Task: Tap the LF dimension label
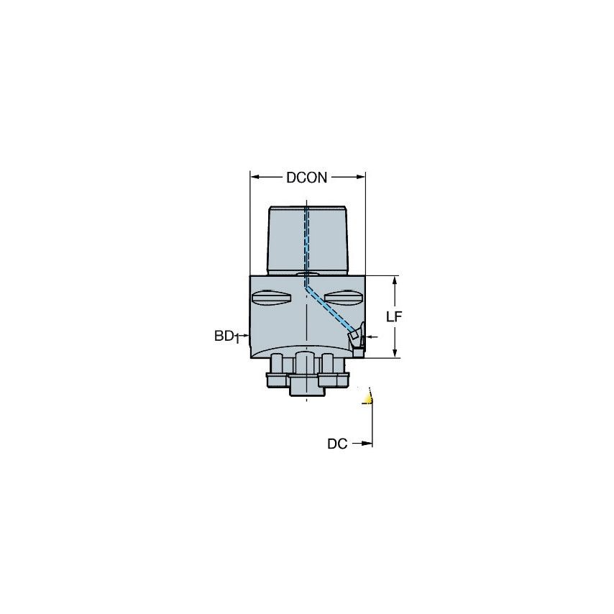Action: click(x=394, y=316)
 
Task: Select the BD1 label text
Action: click(x=226, y=336)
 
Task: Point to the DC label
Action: click(x=337, y=444)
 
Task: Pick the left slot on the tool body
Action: click(x=271, y=296)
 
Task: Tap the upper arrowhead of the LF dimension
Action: click(x=394, y=280)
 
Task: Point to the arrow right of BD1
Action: click(x=244, y=336)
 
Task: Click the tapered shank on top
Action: click(x=307, y=239)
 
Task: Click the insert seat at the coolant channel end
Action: click(x=356, y=337)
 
